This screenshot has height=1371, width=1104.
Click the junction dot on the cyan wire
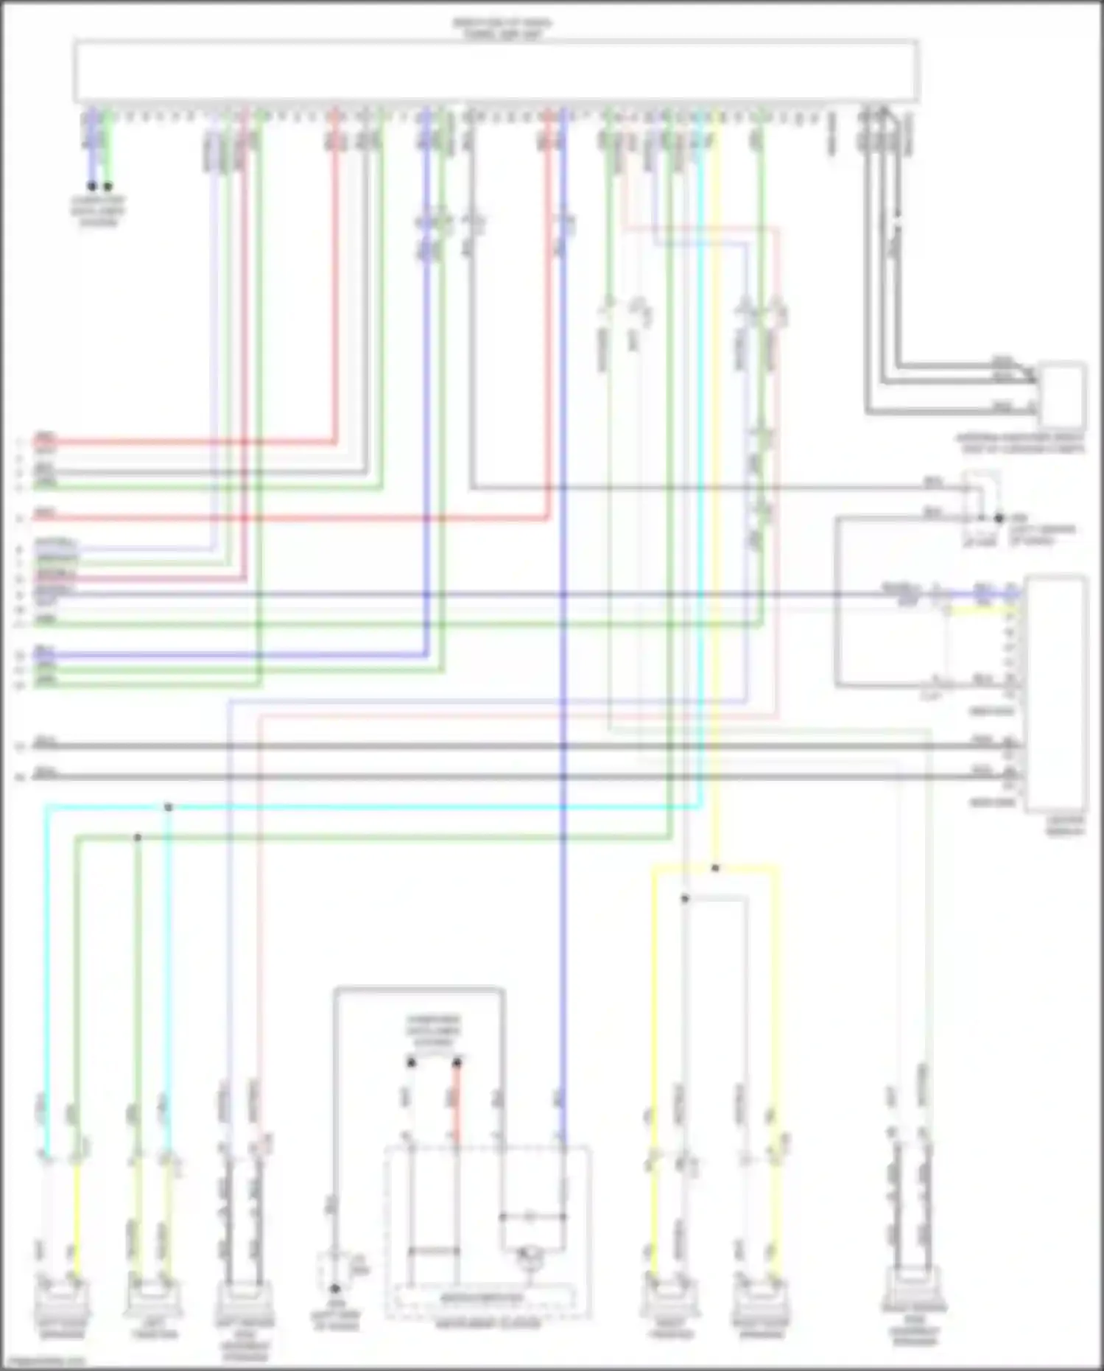pos(169,807)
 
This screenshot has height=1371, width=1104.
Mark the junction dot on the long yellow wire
pos(715,869)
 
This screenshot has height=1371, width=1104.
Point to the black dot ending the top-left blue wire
pos(92,186)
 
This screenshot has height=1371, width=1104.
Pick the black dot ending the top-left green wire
pos(108,186)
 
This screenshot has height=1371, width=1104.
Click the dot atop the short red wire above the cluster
pos(457,1062)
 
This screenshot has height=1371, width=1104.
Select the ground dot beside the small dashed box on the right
pos(999,518)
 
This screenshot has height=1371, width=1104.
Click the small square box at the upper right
pos(1062,394)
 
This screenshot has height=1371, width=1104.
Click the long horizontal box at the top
pos(495,71)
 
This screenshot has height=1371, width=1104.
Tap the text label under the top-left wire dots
pos(99,211)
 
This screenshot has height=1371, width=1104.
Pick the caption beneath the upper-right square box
pos(1021,443)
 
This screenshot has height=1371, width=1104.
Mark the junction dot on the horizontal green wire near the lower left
pos(137,838)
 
